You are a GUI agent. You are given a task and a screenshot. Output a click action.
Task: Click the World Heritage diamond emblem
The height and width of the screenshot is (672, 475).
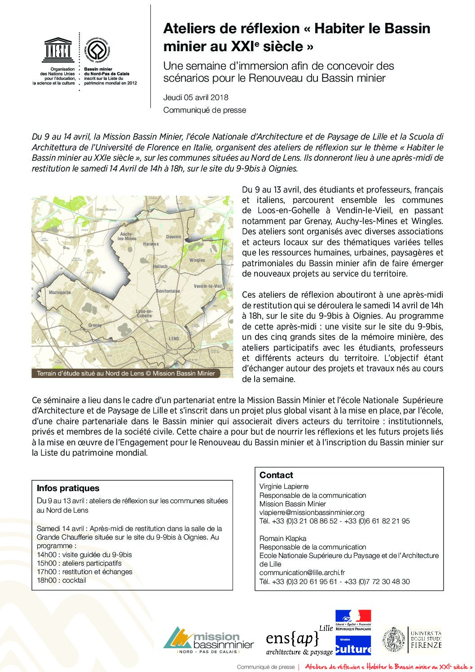[97, 49]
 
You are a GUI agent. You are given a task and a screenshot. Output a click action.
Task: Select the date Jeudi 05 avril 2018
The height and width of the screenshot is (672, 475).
[196, 97]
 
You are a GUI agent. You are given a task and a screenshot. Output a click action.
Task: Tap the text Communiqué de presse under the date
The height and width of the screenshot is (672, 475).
[204, 110]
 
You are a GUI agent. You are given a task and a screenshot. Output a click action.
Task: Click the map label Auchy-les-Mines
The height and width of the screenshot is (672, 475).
[127, 237]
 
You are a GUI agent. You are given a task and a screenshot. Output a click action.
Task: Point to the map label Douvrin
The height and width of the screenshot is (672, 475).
[174, 237]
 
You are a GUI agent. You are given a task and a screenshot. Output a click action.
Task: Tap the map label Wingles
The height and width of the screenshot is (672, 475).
[197, 260]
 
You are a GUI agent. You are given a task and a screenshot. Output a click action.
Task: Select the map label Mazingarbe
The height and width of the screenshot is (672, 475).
[60, 293]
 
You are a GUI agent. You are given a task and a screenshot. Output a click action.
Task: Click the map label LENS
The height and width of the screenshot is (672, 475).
[174, 338]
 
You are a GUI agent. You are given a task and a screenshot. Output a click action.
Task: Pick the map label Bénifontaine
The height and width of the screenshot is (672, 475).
[168, 291]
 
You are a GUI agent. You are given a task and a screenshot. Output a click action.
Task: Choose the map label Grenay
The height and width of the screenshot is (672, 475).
[95, 325]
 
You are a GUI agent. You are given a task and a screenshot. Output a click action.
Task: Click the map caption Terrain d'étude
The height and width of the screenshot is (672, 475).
[126, 373]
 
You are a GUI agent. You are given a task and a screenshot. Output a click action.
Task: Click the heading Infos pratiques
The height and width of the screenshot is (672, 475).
[68, 488]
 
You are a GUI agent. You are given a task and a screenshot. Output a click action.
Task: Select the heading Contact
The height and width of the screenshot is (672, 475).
[276, 475]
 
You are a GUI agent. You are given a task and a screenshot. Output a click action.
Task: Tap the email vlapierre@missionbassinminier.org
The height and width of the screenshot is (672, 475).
[312, 512]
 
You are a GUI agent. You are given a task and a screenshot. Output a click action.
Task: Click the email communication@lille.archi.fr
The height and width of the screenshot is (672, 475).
[302, 572]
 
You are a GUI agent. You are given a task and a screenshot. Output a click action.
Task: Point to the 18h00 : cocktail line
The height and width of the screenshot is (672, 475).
[62, 580]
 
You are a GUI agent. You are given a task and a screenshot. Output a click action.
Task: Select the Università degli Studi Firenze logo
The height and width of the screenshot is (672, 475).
[412, 640]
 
